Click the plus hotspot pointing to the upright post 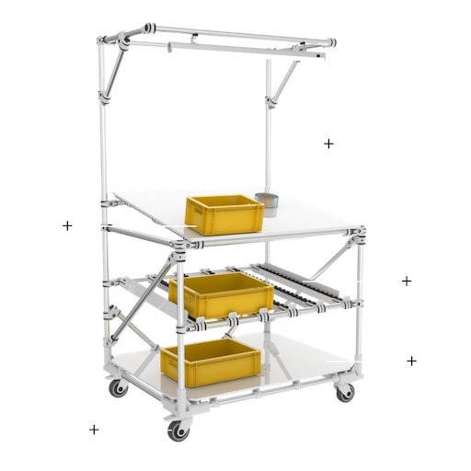tap(328, 143)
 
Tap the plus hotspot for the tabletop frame tap(66, 225)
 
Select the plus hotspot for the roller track tap(406, 280)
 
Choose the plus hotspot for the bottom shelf tap(412, 361)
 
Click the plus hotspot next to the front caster tap(93, 429)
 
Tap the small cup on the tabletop tap(267, 202)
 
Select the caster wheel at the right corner tap(344, 393)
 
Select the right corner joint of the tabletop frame tap(359, 235)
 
